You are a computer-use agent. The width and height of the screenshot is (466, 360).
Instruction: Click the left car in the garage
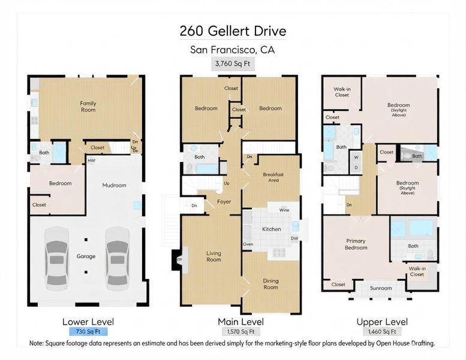[57, 259]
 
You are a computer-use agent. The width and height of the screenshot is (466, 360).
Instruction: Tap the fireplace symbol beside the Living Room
[179, 260]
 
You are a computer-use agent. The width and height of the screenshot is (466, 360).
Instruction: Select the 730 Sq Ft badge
[88, 331]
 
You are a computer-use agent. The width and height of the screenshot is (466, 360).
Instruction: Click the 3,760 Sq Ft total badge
[233, 64]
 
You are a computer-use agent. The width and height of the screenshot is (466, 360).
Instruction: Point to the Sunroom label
[381, 288]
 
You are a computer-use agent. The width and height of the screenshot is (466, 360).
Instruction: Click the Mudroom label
[114, 185]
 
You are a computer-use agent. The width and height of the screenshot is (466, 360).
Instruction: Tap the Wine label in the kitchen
[284, 210]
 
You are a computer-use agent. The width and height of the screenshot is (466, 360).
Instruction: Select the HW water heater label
[91, 161]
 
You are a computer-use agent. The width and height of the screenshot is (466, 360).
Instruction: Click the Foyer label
[224, 202]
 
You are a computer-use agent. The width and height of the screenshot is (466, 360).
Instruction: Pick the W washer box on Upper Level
[356, 157]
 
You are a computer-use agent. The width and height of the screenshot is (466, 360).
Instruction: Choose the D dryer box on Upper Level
[356, 167]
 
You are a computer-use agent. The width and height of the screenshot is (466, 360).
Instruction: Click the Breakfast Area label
[273, 177]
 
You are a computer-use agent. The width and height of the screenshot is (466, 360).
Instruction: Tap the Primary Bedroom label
[356, 244]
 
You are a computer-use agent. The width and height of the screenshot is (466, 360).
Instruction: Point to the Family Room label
[88, 106]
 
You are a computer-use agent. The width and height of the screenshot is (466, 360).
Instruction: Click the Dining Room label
[270, 284]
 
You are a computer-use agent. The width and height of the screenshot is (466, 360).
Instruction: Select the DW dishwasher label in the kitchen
[294, 238]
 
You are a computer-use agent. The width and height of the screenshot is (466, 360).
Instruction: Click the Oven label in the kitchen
[248, 244]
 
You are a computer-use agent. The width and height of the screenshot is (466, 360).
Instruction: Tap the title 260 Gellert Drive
[233, 31]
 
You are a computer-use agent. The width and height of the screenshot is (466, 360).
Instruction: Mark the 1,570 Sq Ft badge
[240, 331]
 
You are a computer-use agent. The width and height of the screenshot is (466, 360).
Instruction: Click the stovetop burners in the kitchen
[279, 253]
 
